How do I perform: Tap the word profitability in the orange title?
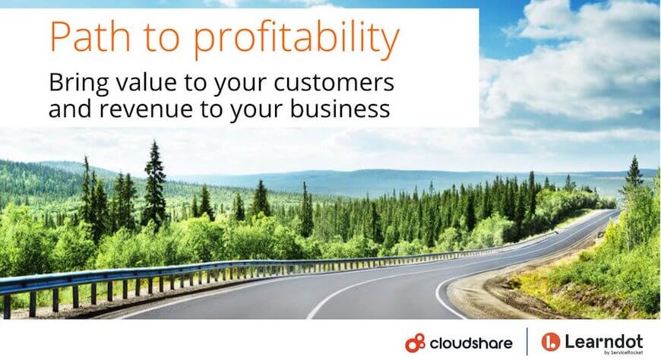pyautogui.click(x=296, y=39)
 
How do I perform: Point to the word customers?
pyautogui.click(x=334, y=83)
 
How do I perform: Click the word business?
pyautogui.click(x=340, y=108)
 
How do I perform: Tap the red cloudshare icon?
pyautogui.click(x=416, y=343)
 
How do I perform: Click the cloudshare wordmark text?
pyautogui.click(x=471, y=343)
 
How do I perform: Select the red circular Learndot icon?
pyautogui.click(x=551, y=342)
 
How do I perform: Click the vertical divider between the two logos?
pyautogui.click(x=527, y=342)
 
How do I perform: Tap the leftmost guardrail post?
pyautogui.click(x=7, y=306)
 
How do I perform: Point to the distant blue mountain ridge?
pyautogui.click(x=379, y=176)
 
